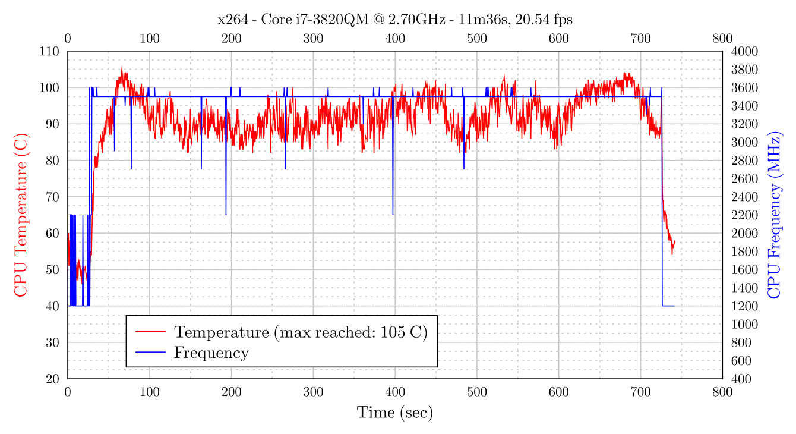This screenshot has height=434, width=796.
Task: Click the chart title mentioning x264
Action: [395, 20]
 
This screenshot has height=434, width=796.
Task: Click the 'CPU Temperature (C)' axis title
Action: [21, 215]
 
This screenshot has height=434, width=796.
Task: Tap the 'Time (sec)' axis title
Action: [395, 413]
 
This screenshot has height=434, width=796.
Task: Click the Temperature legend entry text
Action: [301, 332]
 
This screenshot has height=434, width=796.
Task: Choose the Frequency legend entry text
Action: [211, 353]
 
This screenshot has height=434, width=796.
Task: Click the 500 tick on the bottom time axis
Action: [477, 392]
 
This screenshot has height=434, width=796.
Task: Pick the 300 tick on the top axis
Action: [313, 39]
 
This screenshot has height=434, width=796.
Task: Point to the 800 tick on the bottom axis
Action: [722, 392]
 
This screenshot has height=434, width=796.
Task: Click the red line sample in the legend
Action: [150, 332]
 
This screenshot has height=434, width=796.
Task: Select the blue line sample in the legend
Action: [150, 353]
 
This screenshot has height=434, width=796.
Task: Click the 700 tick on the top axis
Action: [640, 39]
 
